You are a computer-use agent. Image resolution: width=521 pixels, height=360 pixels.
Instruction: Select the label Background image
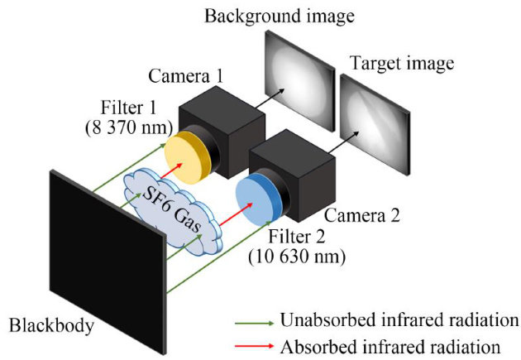tap(274, 15)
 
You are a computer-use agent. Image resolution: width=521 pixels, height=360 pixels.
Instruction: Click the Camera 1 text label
tap(186, 77)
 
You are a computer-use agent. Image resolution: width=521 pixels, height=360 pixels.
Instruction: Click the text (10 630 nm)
tap(295, 257)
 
